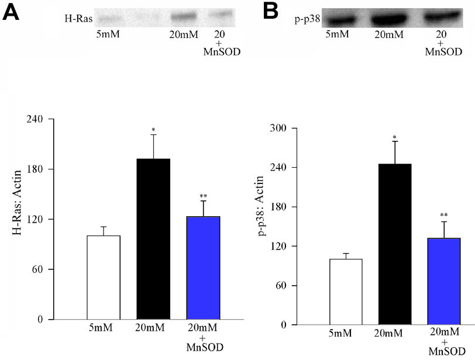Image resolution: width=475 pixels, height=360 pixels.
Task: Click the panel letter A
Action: point(12,12)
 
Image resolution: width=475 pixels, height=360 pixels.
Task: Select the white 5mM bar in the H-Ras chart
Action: point(104,277)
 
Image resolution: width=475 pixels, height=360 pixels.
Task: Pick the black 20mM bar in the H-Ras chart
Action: point(153,239)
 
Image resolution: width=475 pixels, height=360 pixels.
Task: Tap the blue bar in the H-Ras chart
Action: point(203,268)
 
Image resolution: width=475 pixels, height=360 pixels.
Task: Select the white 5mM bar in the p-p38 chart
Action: point(346,292)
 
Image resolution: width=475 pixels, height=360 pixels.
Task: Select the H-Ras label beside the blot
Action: point(78,19)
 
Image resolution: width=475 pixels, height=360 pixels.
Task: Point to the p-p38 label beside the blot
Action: point(305,19)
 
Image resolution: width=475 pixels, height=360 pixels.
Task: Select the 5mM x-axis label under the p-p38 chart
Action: point(346,335)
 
